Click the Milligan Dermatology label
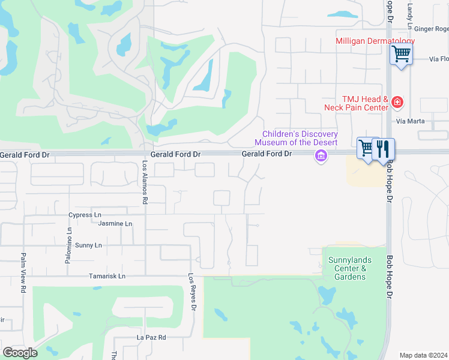pos(375,41)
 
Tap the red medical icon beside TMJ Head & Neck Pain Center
pos(397,103)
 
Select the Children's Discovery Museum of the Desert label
pos(296,138)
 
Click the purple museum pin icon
pos(321,157)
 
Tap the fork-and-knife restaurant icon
pos(384,148)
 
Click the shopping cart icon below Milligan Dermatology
pos(401,54)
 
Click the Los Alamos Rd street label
pos(145,182)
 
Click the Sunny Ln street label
pos(88,245)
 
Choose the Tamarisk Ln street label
pos(107,276)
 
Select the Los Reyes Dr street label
pos(192,292)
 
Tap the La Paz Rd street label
pos(151,337)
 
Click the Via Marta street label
pos(411,121)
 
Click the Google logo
pos(20,353)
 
